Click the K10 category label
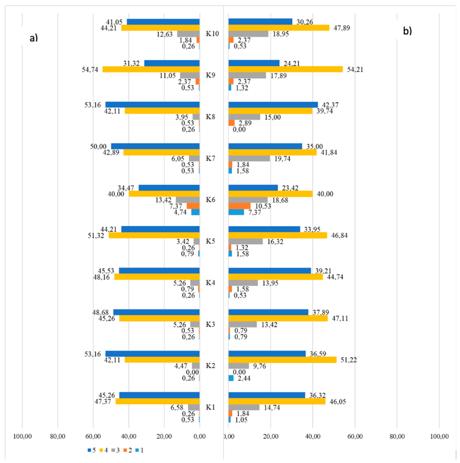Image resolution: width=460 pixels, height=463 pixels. pos(212,34)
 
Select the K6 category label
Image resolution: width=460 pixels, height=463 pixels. pos(210,199)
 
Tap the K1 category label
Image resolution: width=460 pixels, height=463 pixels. pos(210,407)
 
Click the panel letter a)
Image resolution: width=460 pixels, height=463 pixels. pos(33,38)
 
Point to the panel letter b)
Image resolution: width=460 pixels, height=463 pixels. pos(407,31)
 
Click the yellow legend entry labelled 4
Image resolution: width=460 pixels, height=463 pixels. pos(104,450)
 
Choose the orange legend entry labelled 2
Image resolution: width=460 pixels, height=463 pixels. pos(128,450)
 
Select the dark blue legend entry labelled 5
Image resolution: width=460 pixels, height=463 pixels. pos(92,450)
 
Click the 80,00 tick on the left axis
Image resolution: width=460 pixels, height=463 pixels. pos(57,437)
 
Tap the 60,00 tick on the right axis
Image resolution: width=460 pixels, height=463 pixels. pos(355,437)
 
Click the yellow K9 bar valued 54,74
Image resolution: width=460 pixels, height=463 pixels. pos(151,69)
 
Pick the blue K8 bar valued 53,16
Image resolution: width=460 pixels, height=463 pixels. pos(152,104)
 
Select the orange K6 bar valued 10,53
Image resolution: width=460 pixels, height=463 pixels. pos(239,206)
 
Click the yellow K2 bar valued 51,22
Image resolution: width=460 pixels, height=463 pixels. pos(282,360)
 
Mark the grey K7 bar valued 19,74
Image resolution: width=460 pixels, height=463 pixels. pos(249,159)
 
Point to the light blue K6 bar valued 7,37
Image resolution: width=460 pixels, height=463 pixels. pos(236,212)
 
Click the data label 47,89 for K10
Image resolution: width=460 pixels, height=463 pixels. pos(342,28)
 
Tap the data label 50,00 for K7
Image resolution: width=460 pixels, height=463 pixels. pos(98,147)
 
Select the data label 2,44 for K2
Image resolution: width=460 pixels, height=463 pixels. pos(244,378)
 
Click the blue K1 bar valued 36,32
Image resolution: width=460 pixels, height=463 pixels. pos(266,395)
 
